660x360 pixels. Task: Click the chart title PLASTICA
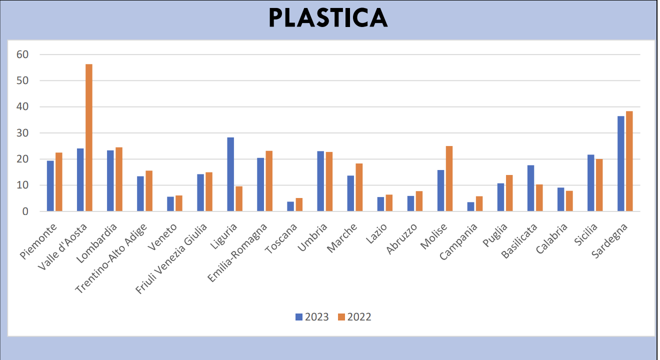328,18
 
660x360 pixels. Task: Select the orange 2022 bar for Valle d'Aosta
89,137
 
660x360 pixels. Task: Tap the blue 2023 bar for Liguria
230,174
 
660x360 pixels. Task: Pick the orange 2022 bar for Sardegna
629,161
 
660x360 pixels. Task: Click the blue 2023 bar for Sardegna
620,163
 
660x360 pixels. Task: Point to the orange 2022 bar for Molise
449,178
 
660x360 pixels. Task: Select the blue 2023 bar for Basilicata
530,188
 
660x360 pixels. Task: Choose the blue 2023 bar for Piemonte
50,186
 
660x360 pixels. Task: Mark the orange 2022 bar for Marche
359,187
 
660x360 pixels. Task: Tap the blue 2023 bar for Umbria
320,181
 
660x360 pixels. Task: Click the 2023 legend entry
312,316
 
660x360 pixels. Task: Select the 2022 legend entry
354,316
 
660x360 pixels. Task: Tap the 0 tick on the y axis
24,211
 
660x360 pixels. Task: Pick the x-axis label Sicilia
584,235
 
